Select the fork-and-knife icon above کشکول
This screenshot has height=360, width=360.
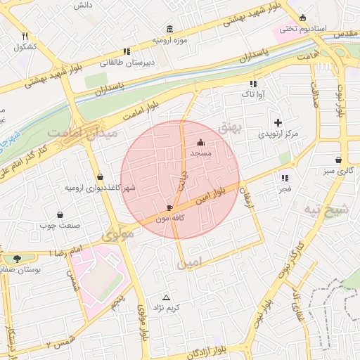(x=25, y=36)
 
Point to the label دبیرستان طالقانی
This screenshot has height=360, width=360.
(x=127, y=62)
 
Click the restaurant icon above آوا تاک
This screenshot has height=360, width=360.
(x=252, y=84)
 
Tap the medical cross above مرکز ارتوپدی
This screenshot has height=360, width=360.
(x=278, y=122)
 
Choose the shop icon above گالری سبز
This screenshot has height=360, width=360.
(x=339, y=160)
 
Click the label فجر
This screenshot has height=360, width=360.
(x=285, y=189)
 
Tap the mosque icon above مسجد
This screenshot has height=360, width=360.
(x=200, y=141)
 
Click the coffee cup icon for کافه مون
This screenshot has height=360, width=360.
(x=169, y=207)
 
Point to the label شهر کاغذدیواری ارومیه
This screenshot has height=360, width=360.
(x=100, y=188)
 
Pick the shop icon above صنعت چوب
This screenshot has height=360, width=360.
(x=60, y=214)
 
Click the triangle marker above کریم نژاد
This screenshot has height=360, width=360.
(x=167, y=297)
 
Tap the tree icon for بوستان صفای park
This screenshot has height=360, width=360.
(x=17, y=259)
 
